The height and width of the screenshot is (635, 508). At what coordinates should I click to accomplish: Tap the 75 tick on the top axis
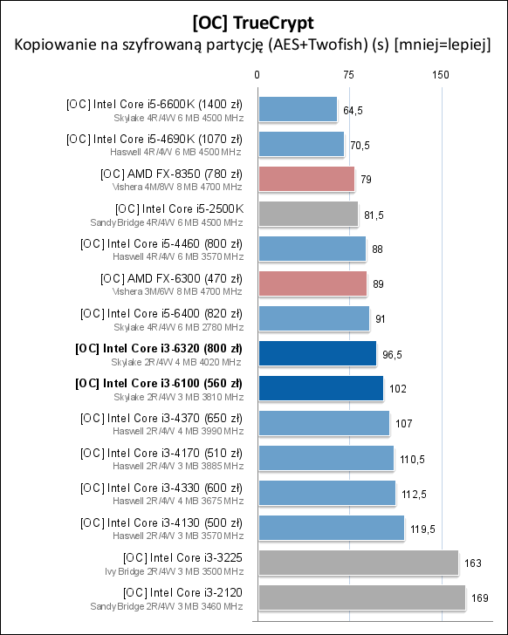[349, 76]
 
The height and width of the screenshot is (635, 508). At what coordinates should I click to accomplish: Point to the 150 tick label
[441, 76]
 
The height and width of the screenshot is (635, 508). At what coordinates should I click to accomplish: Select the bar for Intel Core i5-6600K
[297, 110]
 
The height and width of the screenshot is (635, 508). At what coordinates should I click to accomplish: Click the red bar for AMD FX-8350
[306, 179]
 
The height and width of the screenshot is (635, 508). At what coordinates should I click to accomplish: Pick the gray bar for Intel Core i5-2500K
[308, 214]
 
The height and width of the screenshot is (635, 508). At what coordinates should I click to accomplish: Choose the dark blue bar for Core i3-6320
[317, 353]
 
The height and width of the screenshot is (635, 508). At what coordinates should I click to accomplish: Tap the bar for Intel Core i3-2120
[361, 597]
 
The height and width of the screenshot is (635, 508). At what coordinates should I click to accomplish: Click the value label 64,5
[354, 110]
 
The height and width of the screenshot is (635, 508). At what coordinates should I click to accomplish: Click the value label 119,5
[422, 528]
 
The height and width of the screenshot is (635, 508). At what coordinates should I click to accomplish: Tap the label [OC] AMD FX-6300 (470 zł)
[171, 278]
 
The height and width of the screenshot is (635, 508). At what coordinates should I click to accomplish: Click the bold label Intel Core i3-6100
[159, 383]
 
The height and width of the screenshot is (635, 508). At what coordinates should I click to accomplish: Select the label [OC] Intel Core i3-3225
[182, 557]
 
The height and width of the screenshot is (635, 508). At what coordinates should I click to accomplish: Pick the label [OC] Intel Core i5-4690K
[154, 139]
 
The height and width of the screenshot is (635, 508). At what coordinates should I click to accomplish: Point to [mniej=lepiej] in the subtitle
[441, 45]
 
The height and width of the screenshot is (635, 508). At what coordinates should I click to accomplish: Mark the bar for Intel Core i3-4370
[323, 423]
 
